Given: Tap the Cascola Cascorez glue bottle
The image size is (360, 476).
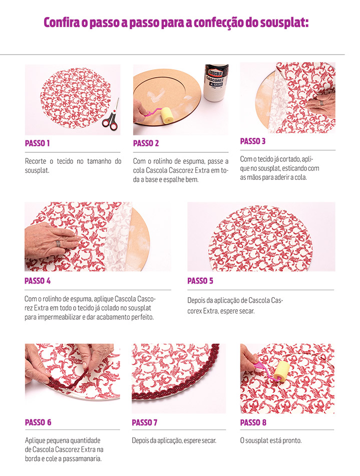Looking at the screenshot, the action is click(x=216, y=83).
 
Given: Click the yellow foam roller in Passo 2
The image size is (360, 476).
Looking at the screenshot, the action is click(x=167, y=115).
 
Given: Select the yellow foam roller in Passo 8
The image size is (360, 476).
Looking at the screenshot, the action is click(x=281, y=371).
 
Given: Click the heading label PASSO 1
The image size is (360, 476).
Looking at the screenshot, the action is click(x=37, y=143).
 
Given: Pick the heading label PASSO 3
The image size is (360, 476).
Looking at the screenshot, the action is click(x=253, y=141).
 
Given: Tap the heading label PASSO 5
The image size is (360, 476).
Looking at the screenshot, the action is click(x=200, y=281).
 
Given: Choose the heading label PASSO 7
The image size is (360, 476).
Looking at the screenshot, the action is click(x=144, y=422).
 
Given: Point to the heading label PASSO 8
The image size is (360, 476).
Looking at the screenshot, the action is click(x=253, y=422).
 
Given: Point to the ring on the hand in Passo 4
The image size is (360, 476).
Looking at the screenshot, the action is click(x=58, y=244).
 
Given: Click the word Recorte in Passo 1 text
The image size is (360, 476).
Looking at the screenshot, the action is click(x=36, y=161).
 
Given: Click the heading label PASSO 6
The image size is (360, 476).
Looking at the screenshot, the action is click(x=38, y=422).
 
